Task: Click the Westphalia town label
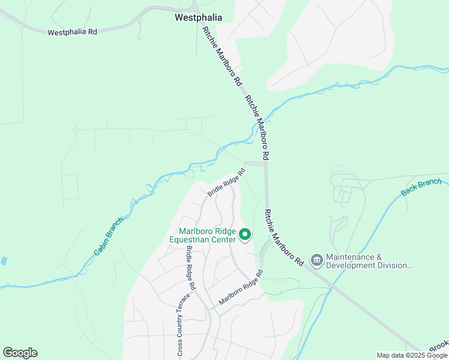pos(198,18)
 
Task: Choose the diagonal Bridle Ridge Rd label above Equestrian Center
pos(227,182)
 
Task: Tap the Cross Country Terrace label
pos(179,324)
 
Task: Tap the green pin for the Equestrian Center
pos(245,235)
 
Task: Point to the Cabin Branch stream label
pos(109,237)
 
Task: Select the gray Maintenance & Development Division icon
pos(316,260)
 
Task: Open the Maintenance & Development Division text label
pos(370,261)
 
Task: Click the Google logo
pos(20,353)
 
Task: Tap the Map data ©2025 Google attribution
pos(411,355)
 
